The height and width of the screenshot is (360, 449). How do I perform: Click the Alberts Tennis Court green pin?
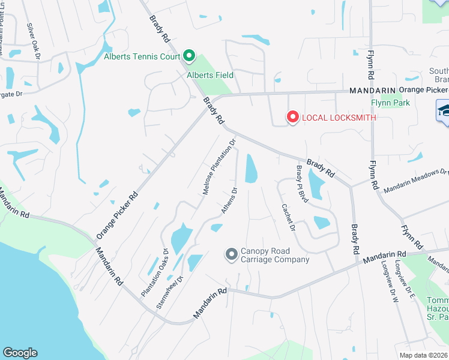[189, 56]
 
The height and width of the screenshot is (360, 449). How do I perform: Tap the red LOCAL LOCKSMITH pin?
[292, 117]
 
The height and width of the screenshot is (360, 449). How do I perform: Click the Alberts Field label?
[210, 76]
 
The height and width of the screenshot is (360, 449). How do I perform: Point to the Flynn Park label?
[390, 103]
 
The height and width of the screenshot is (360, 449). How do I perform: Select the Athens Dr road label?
[229, 200]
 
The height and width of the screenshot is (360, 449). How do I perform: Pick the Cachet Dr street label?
[288, 217]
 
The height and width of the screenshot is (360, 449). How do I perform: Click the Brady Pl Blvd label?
[300, 184]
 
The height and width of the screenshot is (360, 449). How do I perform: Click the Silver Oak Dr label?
[34, 41]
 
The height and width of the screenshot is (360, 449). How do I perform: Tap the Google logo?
[20, 353]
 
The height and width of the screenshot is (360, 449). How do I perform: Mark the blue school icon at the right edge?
[443, 112]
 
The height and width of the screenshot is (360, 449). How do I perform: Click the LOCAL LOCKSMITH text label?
[339, 118]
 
